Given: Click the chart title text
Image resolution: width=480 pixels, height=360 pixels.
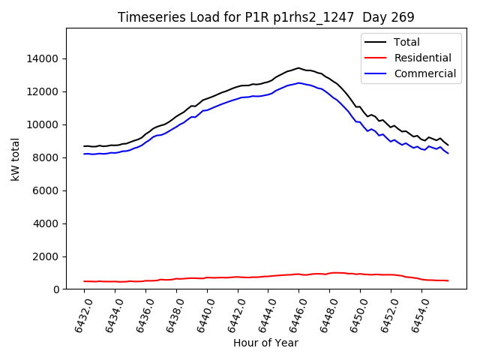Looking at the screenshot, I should (266, 17).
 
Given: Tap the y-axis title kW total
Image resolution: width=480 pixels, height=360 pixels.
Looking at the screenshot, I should (16, 159).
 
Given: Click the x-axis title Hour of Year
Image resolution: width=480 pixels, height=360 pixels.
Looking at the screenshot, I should (265, 343).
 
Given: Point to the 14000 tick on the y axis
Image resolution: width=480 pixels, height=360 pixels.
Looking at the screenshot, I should (43, 58).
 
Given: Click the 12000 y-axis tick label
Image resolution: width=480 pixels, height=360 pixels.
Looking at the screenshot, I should (43, 91).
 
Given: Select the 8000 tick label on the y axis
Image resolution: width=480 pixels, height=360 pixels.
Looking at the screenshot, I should (46, 157).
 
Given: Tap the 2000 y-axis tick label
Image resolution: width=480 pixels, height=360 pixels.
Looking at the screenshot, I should (46, 256).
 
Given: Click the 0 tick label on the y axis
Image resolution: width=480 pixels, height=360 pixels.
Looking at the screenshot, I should (57, 289).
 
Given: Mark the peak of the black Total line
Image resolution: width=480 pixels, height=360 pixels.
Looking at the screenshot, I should (298, 68).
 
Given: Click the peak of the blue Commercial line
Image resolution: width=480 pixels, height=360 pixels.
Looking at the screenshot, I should (298, 83).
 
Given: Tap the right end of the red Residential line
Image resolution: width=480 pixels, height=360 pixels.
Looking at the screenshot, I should (448, 280).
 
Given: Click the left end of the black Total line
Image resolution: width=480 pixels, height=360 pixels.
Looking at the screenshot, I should (84, 146).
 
